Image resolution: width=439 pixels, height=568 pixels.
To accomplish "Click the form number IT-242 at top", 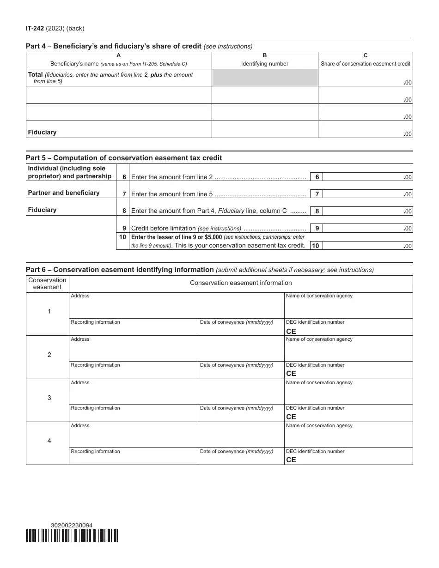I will coord(35,29).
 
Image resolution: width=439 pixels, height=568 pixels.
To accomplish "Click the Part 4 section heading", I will coord(113,46).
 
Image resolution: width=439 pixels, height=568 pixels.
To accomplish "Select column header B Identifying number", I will coord(264,60).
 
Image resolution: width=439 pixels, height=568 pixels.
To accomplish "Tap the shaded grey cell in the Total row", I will coord(264,78).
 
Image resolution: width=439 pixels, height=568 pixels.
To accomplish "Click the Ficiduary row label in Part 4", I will coord(42,133).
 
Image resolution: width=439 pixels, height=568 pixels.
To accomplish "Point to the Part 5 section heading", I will coord(124,158).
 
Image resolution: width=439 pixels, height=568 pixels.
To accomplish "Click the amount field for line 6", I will coord(368,177).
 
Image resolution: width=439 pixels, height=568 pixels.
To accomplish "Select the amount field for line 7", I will coord(368,194).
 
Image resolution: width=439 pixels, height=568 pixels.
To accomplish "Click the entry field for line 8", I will coord(368,211).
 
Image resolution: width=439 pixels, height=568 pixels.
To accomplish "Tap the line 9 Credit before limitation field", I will coord(368,228).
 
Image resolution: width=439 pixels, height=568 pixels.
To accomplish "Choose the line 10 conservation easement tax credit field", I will coord(368,246).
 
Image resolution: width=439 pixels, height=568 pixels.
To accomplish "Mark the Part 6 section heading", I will coord(120,270).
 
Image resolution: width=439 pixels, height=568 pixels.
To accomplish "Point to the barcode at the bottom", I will coord(72,536).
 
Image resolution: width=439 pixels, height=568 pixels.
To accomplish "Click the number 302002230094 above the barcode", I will coord(72,525).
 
